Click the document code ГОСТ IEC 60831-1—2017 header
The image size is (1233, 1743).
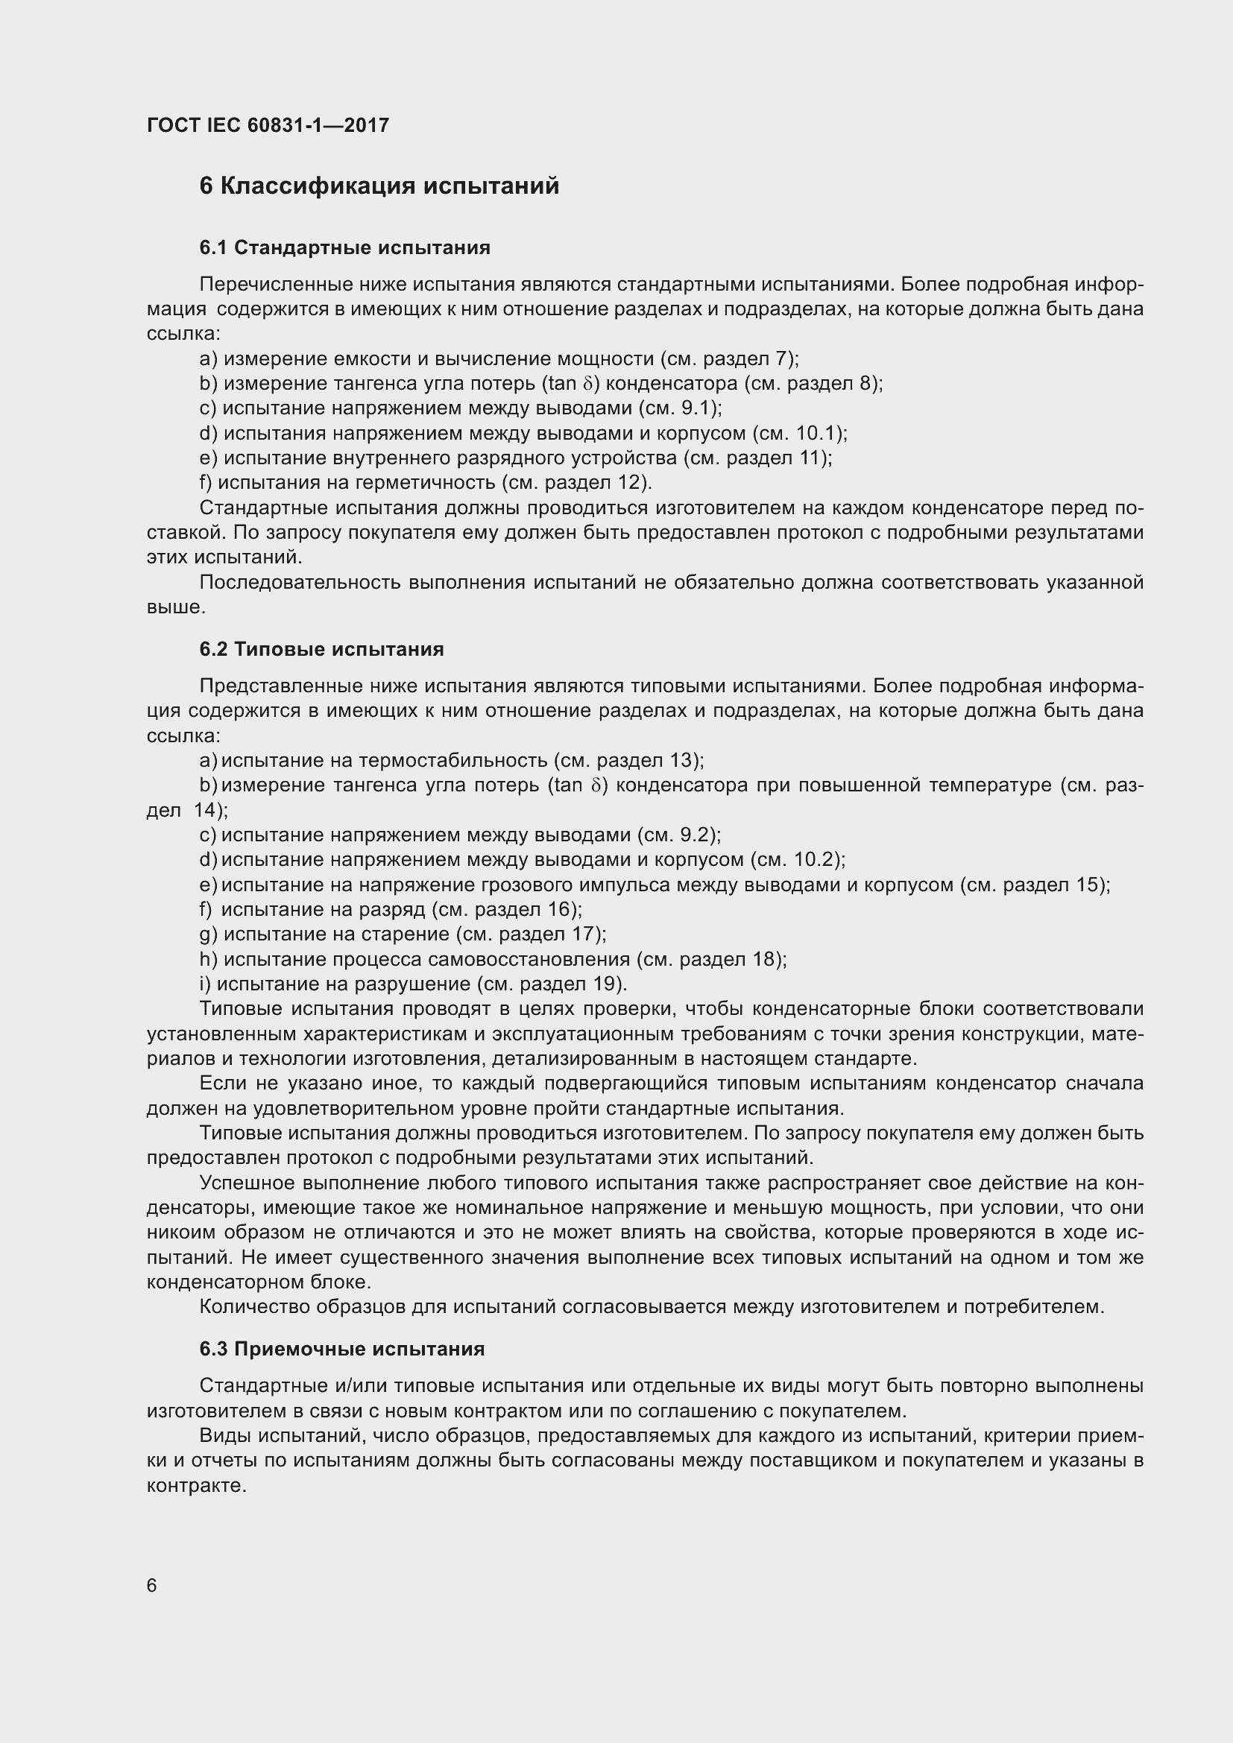[268, 125]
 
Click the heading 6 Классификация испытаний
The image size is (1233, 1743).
[379, 186]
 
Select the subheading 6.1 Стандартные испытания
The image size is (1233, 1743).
[344, 247]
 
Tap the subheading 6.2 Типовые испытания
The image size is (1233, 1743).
[322, 649]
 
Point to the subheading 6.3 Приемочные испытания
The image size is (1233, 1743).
[341, 1349]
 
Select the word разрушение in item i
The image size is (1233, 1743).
[423, 984]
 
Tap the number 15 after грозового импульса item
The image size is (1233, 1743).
[1087, 885]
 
